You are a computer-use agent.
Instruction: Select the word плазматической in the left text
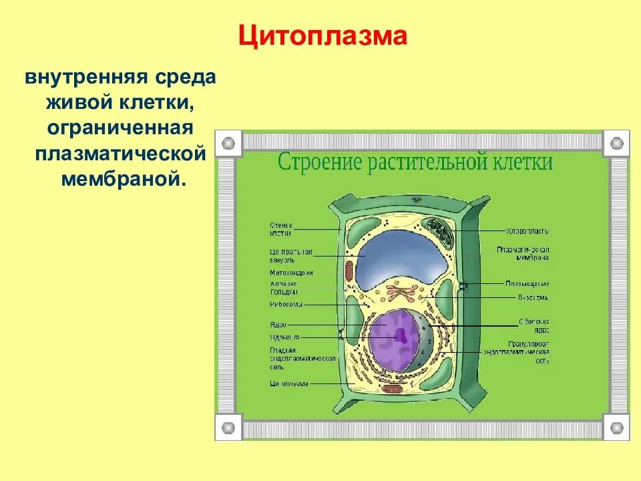(120, 154)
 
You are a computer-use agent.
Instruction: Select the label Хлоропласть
(527, 231)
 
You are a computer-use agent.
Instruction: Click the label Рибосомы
(286, 305)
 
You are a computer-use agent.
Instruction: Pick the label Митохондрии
(291, 273)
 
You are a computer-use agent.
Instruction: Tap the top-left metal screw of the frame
(228, 143)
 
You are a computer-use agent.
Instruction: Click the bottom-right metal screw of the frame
(616, 427)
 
